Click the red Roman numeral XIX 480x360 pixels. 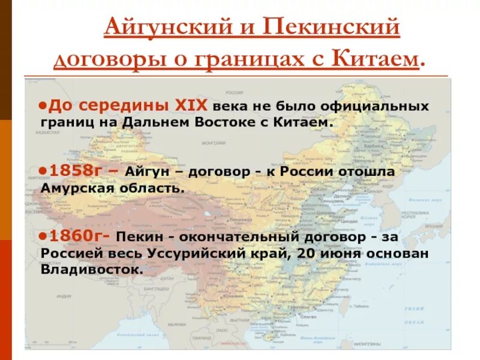point(190,106)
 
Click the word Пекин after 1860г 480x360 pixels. point(140,236)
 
